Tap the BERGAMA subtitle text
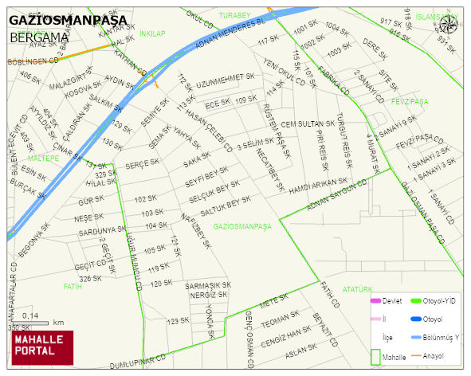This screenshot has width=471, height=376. pyautogui.click(x=39, y=37)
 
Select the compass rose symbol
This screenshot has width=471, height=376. pyautogui.click(x=447, y=24)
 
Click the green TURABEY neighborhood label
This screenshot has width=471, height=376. pyautogui.click(x=235, y=15)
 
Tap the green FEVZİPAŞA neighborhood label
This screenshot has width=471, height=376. pyautogui.click(x=410, y=102)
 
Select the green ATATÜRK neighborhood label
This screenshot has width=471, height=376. pyautogui.click(x=357, y=289)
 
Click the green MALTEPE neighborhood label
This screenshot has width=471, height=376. pyautogui.click(x=44, y=159)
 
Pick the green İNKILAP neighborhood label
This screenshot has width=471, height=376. pyautogui.click(x=151, y=33)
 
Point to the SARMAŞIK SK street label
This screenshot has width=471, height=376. pyautogui.click(x=208, y=284)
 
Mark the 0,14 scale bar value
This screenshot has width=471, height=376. pyautogui.click(x=30, y=316)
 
